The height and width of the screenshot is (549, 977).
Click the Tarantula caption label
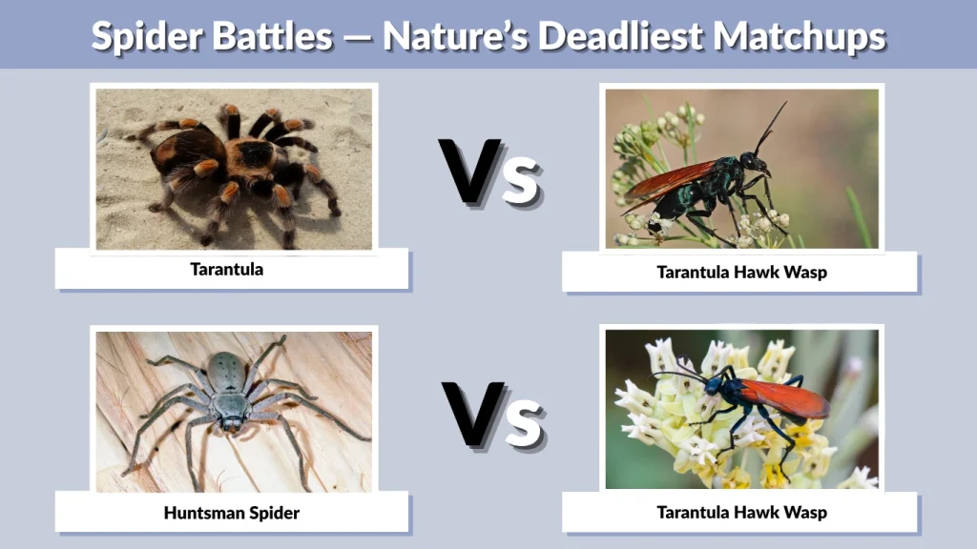(x=226, y=270)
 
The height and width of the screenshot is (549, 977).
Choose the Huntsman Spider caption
(x=231, y=513)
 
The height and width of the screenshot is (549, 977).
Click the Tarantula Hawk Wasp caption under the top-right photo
(x=741, y=273)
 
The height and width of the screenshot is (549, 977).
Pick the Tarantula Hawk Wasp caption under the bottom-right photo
(x=741, y=513)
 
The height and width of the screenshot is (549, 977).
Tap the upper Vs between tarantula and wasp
(x=488, y=171)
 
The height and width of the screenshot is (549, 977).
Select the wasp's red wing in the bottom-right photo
(x=782, y=397)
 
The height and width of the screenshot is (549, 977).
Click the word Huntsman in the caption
(x=199, y=513)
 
